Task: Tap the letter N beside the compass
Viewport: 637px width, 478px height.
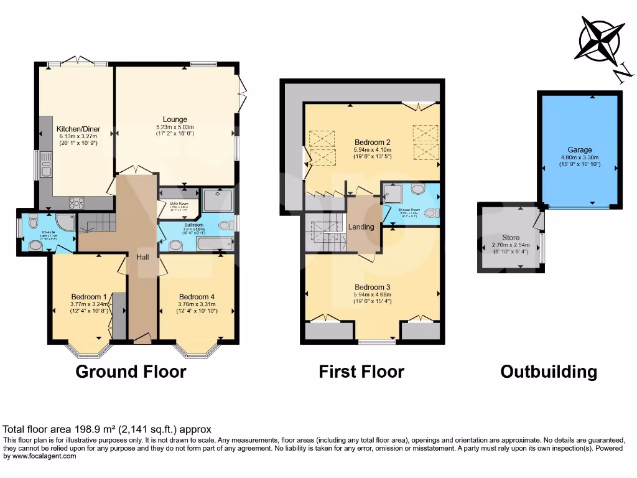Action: (620, 75)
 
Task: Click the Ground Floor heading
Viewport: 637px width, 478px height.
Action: (131, 372)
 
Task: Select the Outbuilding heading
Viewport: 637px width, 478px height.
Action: (549, 372)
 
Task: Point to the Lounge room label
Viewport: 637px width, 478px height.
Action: (175, 119)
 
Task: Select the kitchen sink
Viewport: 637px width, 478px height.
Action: (46, 167)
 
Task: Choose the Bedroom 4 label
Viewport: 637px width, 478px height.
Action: (197, 296)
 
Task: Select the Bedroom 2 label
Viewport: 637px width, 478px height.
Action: (372, 141)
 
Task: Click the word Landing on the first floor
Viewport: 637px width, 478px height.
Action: (361, 227)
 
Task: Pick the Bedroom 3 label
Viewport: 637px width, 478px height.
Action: (371, 288)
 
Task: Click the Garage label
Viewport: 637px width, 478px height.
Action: (579, 150)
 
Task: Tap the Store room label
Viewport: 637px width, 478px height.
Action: (510, 237)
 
